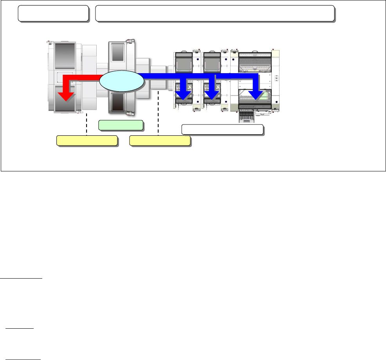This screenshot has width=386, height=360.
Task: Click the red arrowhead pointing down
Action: point(65,97)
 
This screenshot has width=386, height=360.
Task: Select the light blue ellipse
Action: point(121,81)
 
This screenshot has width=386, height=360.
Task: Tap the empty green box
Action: point(121,125)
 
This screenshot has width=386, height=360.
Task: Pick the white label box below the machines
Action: point(222,130)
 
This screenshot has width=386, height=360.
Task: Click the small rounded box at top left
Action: point(53,14)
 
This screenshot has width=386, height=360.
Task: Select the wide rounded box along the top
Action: point(215,14)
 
